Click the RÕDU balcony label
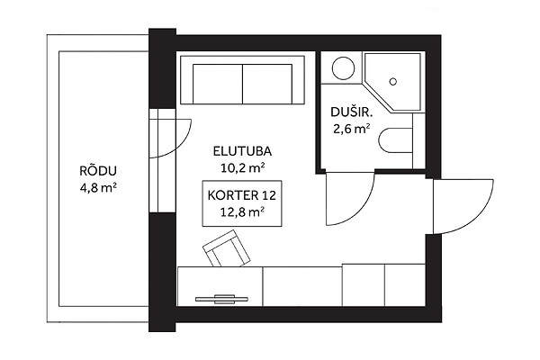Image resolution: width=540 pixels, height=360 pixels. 98,171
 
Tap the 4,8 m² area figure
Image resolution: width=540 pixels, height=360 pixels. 98,188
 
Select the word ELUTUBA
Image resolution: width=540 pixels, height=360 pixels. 242,151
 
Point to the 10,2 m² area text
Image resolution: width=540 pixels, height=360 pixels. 242,167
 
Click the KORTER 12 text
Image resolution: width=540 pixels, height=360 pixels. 242,195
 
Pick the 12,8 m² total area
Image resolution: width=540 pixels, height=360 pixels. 242,211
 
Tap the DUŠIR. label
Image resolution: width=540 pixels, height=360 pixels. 352,112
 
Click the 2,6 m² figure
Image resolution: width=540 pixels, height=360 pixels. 352,129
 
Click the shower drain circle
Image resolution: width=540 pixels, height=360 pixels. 393,82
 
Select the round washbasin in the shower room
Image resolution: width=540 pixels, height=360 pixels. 344,68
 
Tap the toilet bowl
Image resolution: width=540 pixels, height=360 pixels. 395,140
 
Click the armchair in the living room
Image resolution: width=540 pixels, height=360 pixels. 226,248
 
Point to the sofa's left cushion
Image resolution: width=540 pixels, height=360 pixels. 218,84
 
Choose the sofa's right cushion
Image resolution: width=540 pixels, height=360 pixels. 267,84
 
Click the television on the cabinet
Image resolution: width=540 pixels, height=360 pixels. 221,299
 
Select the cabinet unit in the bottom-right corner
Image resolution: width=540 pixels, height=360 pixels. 405,285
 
